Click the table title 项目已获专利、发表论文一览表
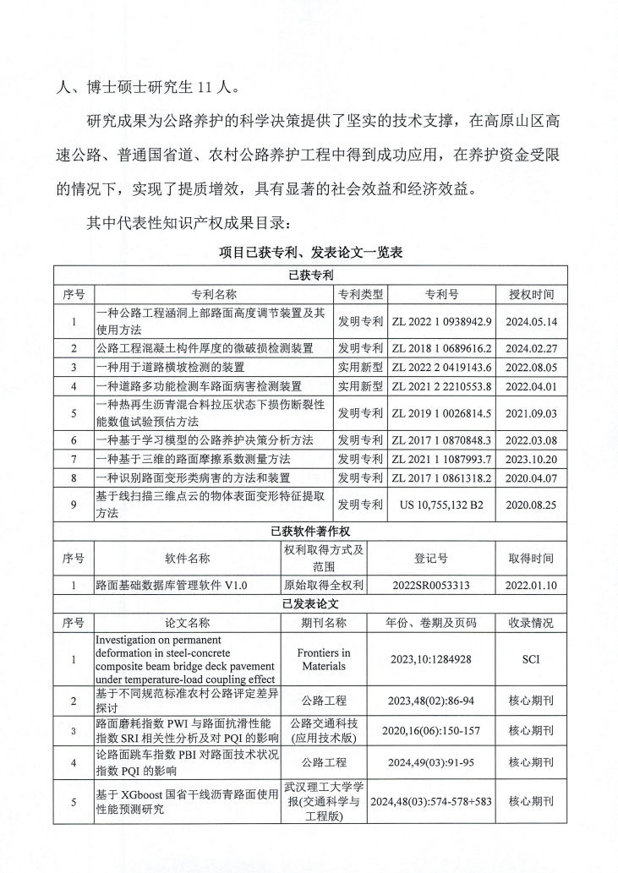point(309,252)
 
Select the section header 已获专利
point(309,275)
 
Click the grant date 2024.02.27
point(532,347)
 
